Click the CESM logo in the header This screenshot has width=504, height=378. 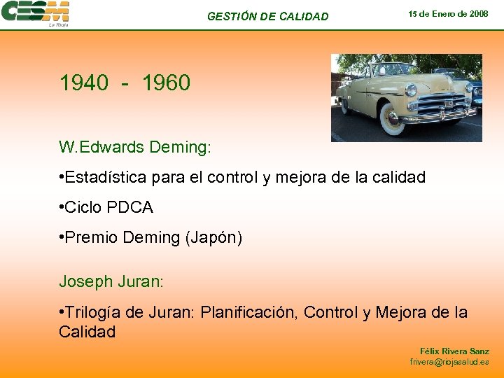pos(36,13)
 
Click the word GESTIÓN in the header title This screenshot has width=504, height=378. pos(232,16)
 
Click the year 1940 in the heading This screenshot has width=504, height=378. pos(84,83)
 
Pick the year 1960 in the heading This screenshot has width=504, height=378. pos(166,83)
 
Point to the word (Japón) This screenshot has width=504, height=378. pos(213,238)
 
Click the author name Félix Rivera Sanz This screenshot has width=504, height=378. pos(454,351)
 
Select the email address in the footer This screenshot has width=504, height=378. pos(449,362)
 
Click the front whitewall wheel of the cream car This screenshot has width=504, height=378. pos(393,121)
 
